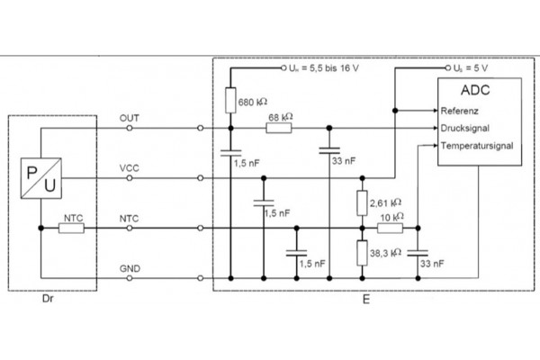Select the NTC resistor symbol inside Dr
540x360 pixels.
[x=72, y=229]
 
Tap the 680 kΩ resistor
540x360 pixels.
[x=230, y=101]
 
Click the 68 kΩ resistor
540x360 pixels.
[x=279, y=128]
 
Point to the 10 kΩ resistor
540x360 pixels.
[x=391, y=229]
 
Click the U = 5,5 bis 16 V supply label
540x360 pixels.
[x=321, y=67]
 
